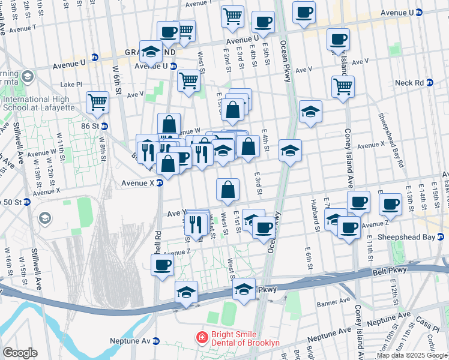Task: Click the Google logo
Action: (20, 353)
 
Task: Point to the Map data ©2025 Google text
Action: (412, 355)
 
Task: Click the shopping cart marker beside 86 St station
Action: (97, 102)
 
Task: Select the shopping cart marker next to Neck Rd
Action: (343, 86)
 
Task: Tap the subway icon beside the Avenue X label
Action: (160, 184)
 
